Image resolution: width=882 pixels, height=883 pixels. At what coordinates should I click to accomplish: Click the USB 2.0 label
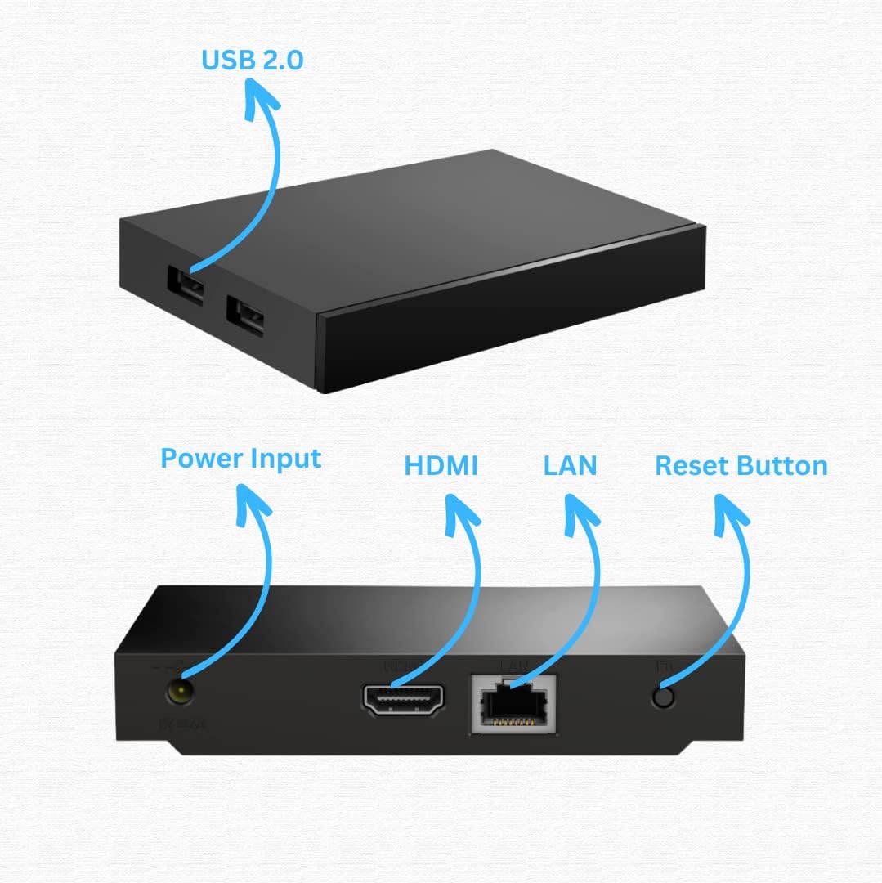coord(252,61)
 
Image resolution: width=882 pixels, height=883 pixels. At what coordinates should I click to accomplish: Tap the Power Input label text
coord(240,458)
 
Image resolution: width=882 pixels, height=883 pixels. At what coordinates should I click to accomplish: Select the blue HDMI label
coord(441,466)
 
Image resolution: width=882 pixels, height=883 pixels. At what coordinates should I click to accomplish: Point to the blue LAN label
coord(570,466)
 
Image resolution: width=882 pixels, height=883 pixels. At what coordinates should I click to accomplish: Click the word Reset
coord(693,466)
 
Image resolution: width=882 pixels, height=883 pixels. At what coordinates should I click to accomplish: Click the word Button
coord(782,466)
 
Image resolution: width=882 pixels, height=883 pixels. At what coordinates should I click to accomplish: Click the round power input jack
coord(178,693)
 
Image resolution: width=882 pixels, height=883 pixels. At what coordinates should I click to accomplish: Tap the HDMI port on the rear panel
coord(404,700)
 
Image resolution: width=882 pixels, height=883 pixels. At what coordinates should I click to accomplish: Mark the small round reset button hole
coord(665,697)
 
